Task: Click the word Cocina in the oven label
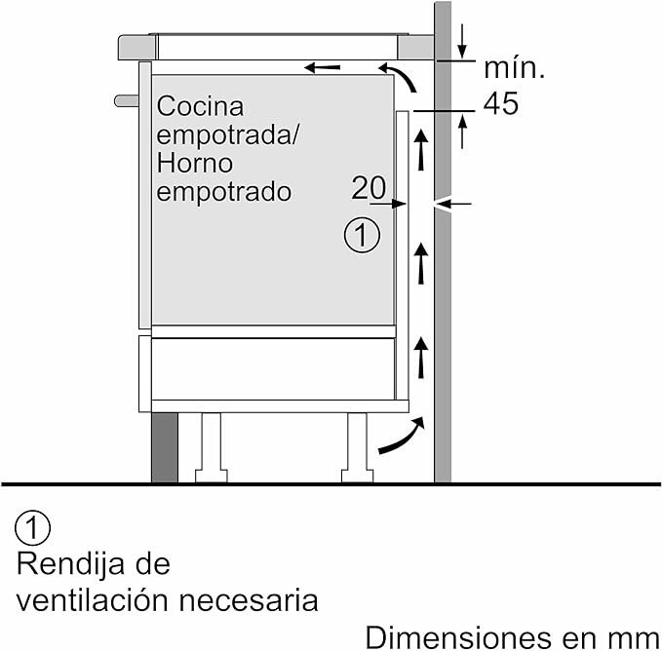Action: (x=200, y=106)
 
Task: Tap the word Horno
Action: (x=195, y=164)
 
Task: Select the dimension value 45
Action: (x=501, y=103)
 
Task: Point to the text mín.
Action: (x=514, y=68)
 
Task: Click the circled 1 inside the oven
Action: (x=362, y=235)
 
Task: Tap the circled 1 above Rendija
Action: (x=32, y=528)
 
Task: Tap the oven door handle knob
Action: (x=127, y=100)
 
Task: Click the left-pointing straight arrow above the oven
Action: (x=322, y=67)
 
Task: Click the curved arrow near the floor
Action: (x=401, y=436)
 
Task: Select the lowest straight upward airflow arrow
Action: (x=420, y=358)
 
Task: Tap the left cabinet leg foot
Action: (x=212, y=476)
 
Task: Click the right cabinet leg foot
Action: (x=357, y=476)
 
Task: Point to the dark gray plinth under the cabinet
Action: (x=165, y=447)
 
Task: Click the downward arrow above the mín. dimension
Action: (x=462, y=41)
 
